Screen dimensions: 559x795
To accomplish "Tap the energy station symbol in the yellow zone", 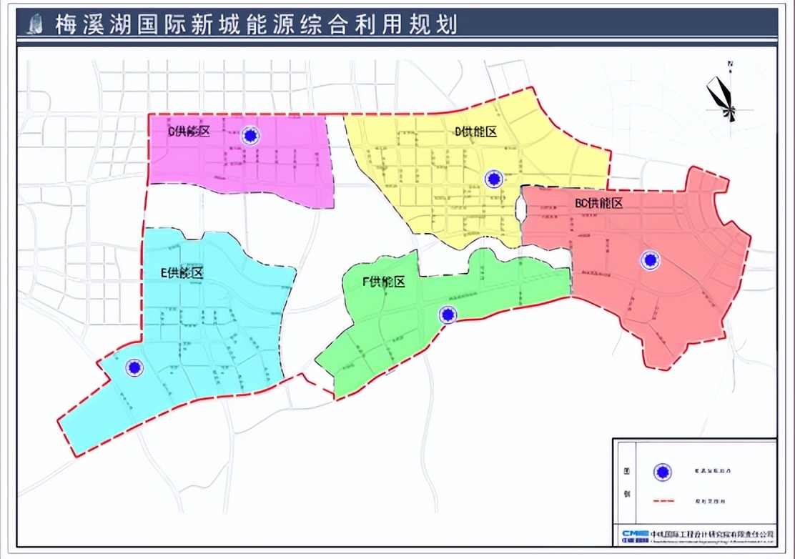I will pos(493,179).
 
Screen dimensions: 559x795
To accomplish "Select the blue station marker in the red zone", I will pos(650,260).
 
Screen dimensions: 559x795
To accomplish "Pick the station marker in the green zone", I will pos(448,315).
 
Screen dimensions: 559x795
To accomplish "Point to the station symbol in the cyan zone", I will pos(134,367).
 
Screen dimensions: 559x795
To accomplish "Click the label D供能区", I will pos(475,131).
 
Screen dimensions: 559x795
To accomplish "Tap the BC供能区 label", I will pos(599,203).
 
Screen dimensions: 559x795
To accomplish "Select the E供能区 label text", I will pos(182,272).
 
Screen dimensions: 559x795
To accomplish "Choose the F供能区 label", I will pos(384,282).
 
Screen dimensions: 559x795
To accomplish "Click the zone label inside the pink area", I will pos(189,131).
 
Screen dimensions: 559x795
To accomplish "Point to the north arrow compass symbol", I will pos(724,99).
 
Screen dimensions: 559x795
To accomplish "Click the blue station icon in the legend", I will pos(663,472).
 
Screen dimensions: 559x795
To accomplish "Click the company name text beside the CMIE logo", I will pos(712,535).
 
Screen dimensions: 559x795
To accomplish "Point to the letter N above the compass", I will pos(730,64).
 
